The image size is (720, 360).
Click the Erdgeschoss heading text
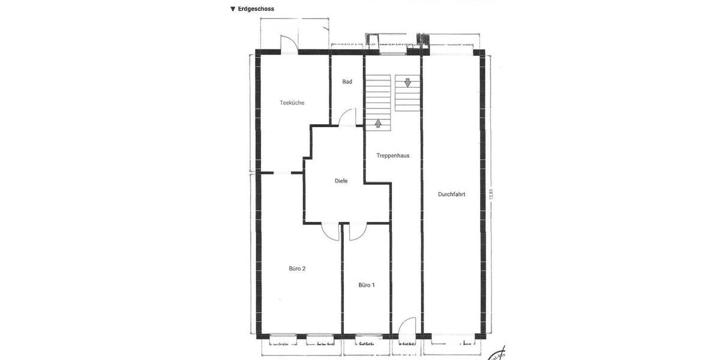point(256,9)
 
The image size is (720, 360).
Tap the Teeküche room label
point(292,103)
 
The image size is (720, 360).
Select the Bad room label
point(347,82)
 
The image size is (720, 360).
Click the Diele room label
point(341,181)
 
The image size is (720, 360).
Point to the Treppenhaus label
point(393,155)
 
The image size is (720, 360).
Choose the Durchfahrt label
point(452,194)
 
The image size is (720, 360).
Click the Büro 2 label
point(297,269)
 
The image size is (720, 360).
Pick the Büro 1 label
point(367,285)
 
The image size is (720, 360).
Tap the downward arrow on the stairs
point(408,83)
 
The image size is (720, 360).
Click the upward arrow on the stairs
point(379,124)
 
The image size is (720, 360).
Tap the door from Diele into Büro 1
point(358,230)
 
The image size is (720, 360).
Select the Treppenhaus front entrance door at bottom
point(407,326)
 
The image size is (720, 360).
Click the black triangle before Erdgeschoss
point(233,9)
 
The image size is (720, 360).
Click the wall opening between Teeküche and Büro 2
point(282,173)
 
